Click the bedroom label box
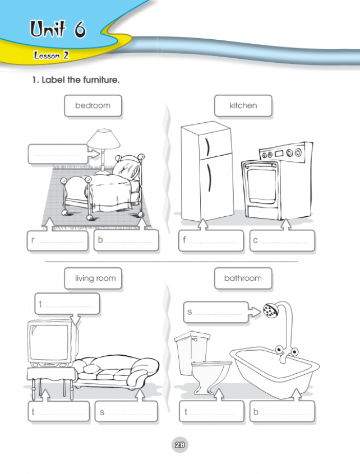(x=93, y=105)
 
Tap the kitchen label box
(x=243, y=105)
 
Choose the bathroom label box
(x=243, y=278)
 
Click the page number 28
(x=179, y=446)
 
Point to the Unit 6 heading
(x=58, y=30)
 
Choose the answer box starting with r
(x=59, y=241)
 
